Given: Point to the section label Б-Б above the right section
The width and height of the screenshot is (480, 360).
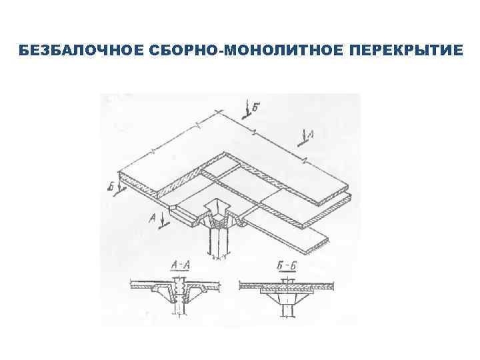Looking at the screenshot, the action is (x=288, y=267).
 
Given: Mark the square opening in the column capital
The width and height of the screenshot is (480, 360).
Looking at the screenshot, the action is (x=218, y=207).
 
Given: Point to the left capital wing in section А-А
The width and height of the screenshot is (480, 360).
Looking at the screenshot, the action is (x=157, y=291).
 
